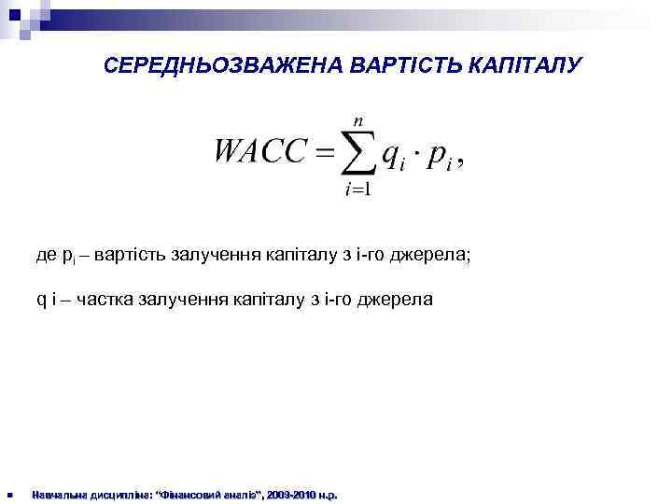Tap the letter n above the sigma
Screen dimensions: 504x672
357,120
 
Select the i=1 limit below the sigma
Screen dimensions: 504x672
357,191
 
